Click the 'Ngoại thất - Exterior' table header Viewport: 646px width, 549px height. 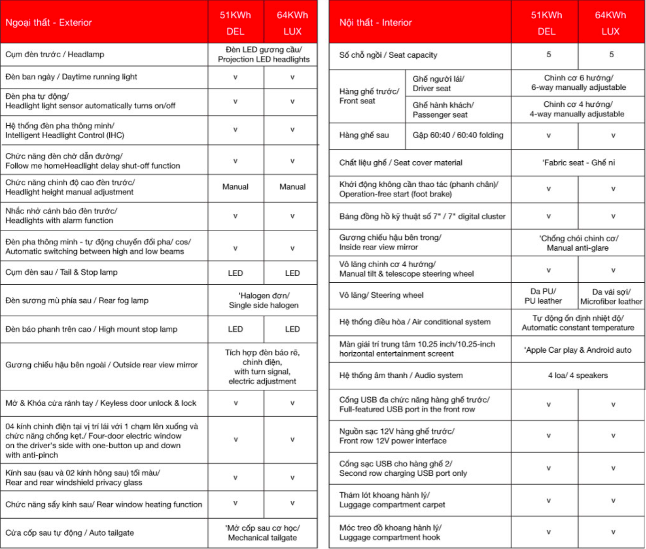pyautogui.click(x=49, y=23)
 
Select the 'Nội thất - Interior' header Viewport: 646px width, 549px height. pyautogui.click(x=375, y=23)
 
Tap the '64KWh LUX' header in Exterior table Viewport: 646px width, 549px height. pyautogui.click(x=292, y=23)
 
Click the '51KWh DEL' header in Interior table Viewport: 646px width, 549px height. pyautogui.click(x=546, y=23)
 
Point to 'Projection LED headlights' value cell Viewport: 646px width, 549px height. pyautogui.click(x=263, y=55)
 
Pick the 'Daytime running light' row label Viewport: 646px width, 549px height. pyautogui.click(x=71, y=77)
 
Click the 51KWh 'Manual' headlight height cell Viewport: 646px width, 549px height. pyautogui.click(x=236, y=187)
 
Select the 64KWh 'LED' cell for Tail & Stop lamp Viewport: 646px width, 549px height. pyautogui.click(x=292, y=273)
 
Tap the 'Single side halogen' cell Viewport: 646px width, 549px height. pyautogui.click(x=263, y=301)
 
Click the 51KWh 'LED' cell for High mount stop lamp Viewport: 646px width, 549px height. pyautogui.click(x=236, y=329)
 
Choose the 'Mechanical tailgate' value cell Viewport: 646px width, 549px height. pyautogui.click(x=262, y=533)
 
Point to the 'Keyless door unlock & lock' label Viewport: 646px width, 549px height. pyautogui.click(x=101, y=403)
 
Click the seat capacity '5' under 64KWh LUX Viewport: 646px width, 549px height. pyautogui.click(x=611, y=55)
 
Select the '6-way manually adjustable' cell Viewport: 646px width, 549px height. pyautogui.click(x=578, y=83)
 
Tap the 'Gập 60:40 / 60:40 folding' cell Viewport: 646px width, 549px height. pyautogui.click(x=458, y=135)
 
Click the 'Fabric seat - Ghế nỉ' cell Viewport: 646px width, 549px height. pyautogui.click(x=578, y=163)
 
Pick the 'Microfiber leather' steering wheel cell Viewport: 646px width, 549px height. pyautogui.click(x=611, y=296)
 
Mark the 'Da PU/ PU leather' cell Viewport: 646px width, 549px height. pyautogui.click(x=543, y=296)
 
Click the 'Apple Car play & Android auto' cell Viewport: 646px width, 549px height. pyautogui.click(x=578, y=350)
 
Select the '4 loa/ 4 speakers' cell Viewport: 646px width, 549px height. pyautogui.click(x=578, y=375)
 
